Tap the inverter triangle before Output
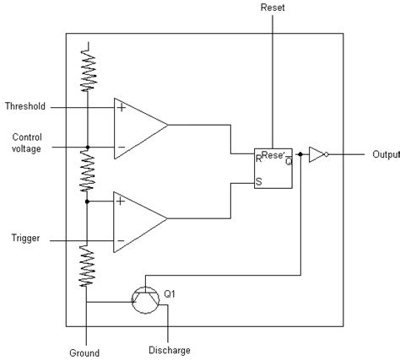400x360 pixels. [x=316, y=155]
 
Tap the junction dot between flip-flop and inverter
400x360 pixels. [x=300, y=155]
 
